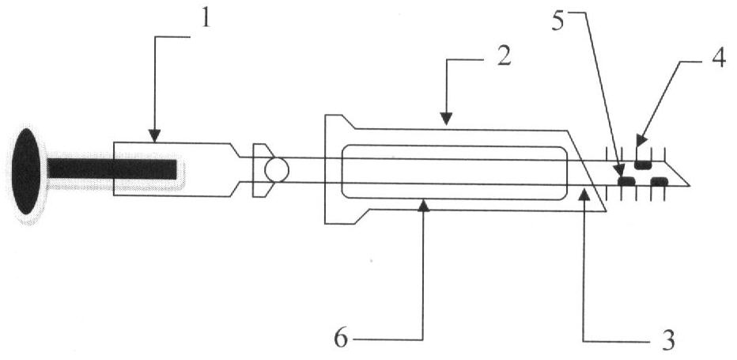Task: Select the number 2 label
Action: [503, 56]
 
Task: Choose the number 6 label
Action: [342, 339]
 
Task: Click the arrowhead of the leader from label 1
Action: [155, 136]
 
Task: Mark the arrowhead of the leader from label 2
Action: [446, 119]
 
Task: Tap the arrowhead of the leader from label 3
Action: [584, 194]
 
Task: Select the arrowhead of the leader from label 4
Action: [641, 141]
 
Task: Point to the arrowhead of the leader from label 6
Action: [424, 205]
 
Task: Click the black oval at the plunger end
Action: [26, 171]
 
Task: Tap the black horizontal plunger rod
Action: [111, 169]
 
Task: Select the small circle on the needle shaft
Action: [277, 170]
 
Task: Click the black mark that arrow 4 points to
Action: [642, 165]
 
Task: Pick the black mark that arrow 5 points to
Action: [626, 181]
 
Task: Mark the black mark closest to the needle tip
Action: [659, 181]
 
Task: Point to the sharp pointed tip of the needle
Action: [689, 185]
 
